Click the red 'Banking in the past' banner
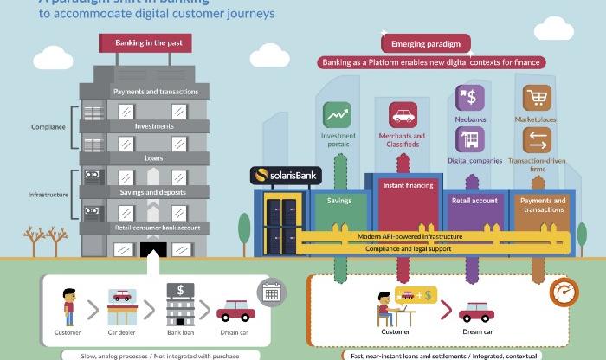154,42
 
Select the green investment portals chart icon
338,115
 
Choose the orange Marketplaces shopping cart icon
536,98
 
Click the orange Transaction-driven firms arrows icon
536,139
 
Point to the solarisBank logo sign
286,176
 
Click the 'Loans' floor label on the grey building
154,158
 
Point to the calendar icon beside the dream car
272,292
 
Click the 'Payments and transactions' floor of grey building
156,92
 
